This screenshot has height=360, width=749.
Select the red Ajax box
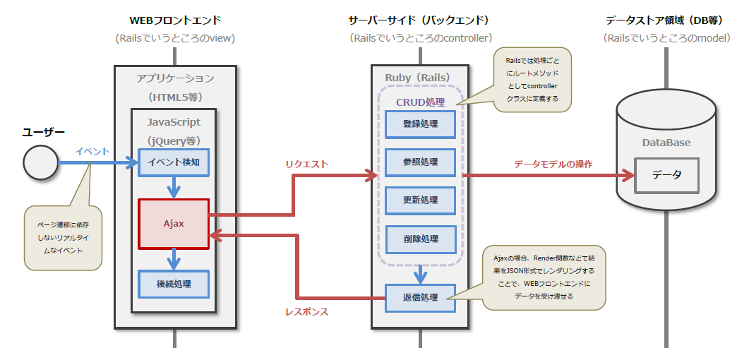174,223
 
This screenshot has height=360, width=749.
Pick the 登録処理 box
420,124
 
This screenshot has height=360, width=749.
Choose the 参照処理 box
420,162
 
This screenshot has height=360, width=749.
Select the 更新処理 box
420,200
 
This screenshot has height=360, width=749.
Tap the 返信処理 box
420,297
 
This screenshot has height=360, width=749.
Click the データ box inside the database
666,175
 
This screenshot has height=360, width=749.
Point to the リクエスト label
306,164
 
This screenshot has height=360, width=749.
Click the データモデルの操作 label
552,164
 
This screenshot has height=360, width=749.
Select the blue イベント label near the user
92,151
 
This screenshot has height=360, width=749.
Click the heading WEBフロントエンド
175,20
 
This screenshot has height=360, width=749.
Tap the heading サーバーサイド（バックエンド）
421,20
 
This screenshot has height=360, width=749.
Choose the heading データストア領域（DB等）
666,20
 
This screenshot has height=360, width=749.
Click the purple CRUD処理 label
420,102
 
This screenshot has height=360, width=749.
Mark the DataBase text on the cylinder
666,143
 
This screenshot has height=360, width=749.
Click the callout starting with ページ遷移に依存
64,237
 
